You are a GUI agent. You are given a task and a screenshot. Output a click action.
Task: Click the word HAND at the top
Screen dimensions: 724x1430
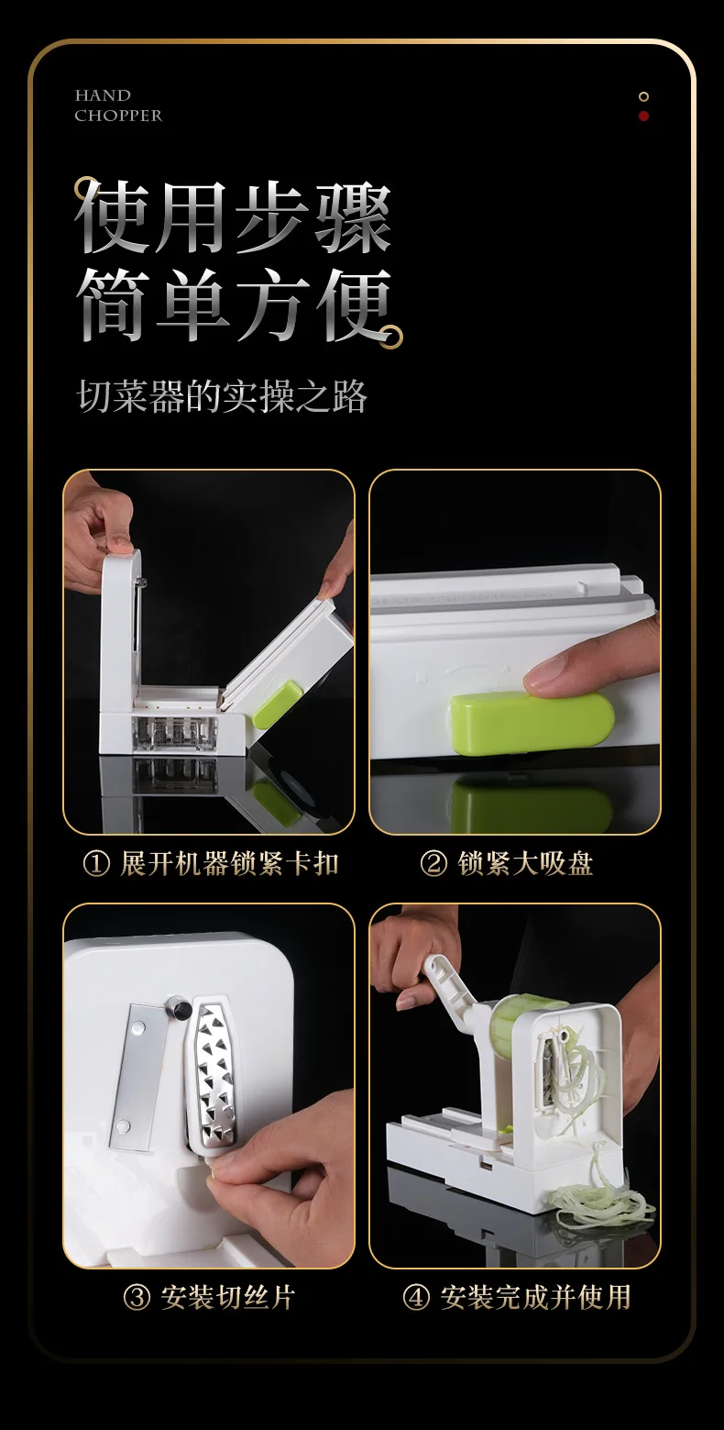tap(103, 95)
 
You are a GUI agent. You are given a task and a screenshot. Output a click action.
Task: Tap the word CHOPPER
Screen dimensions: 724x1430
tap(118, 116)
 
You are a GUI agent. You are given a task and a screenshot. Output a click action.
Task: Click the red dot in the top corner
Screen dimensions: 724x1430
tap(643, 116)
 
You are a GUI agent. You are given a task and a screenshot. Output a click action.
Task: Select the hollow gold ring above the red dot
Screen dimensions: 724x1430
tap(643, 97)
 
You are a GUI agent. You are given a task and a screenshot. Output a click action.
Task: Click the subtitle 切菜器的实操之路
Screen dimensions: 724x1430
tap(222, 396)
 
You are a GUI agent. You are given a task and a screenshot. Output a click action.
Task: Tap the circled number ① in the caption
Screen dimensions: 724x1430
tap(96, 864)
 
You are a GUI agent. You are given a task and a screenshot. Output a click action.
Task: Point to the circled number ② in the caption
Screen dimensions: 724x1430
tap(433, 864)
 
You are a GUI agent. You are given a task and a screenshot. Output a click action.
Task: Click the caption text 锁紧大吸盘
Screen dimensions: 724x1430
tap(525, 864)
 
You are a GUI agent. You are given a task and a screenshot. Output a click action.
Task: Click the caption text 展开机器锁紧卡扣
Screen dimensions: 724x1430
tap(230, 864)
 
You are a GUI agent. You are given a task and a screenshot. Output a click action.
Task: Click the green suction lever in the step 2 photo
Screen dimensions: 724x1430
tap(532, 722)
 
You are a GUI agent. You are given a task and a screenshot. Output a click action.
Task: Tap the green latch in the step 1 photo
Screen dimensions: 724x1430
tap(278, 704)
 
